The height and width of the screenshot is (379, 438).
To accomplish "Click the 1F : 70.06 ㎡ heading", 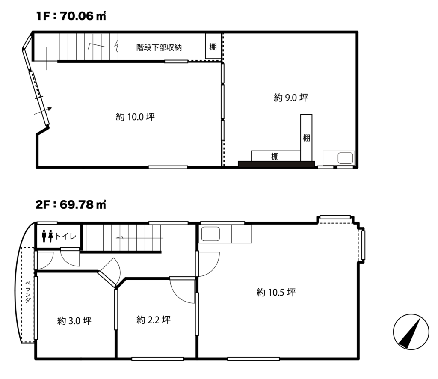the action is click(71, 16).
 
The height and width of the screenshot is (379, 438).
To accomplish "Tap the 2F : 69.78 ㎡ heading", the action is click(71, 205).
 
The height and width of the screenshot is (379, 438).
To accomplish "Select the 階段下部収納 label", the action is click(159, 47).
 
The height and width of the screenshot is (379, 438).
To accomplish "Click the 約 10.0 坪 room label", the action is click(135, 117).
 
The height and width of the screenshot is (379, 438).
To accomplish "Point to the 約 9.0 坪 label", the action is click(291, 98).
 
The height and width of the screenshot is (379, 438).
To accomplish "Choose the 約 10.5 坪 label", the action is click(276, 293).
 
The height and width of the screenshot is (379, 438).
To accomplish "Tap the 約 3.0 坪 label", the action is click(74, 321).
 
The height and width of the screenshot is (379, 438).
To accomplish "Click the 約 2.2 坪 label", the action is click(154, 320).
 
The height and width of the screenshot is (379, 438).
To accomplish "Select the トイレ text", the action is click(65, 236).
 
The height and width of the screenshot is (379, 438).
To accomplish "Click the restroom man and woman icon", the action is click(47, 236).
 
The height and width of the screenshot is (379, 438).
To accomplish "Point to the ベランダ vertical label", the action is click(28, 292).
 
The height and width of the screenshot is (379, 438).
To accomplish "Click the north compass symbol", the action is click(411, 332).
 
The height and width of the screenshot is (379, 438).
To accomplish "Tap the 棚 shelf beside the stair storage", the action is click(213, 46).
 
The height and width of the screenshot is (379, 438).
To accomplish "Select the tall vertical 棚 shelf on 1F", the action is click(306, 138).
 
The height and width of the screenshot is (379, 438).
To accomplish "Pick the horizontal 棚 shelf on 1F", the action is click(276, 156).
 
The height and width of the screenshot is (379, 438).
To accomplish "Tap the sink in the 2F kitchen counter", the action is click(210, 234).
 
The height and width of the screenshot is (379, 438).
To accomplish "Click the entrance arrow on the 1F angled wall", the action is click(43, 111).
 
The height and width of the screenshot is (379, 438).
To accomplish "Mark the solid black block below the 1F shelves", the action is click(276, 164).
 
